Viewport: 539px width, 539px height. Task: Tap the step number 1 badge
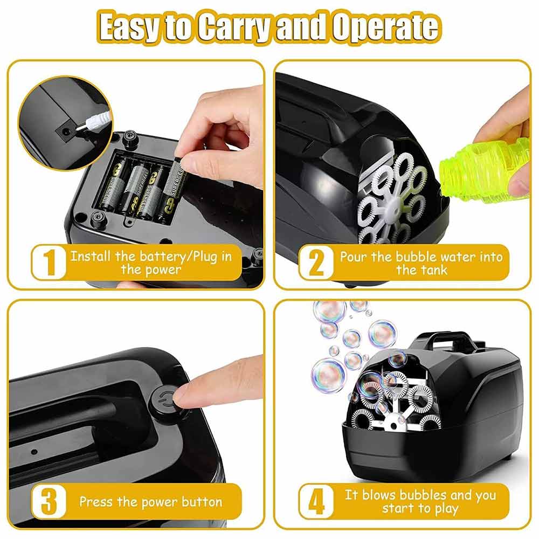[x=49, y=262]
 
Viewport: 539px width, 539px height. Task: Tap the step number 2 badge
[x=316, y=262]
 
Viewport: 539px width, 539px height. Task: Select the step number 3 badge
[x=49, y=501]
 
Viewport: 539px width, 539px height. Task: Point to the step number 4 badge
[x=316, y=501]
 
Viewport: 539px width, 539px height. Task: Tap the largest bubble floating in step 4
[x=328, y=375]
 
